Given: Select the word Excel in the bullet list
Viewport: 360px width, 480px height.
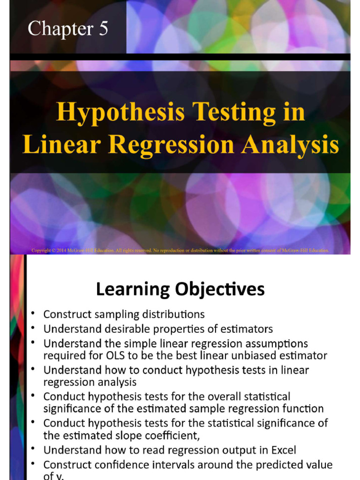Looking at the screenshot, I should tap(279, 450).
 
